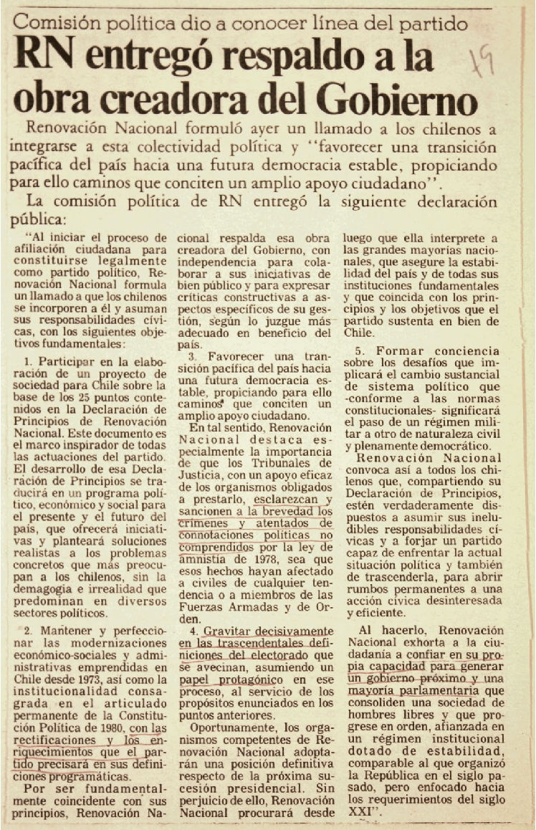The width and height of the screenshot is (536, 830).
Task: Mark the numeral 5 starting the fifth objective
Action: (360, 352)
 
